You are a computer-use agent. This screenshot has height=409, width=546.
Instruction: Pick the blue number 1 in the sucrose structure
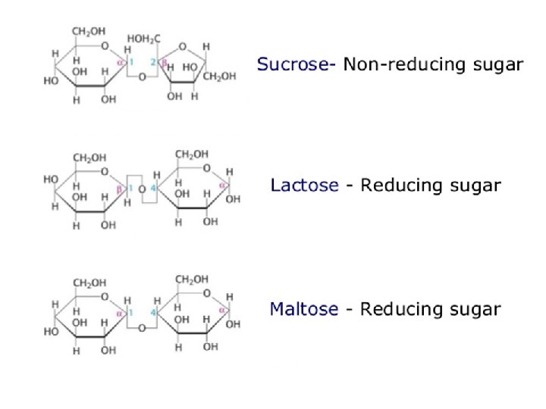point(130,62)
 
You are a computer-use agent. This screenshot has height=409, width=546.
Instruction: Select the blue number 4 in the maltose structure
point(153,311)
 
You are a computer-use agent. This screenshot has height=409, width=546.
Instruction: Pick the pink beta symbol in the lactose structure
point(121,188)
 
